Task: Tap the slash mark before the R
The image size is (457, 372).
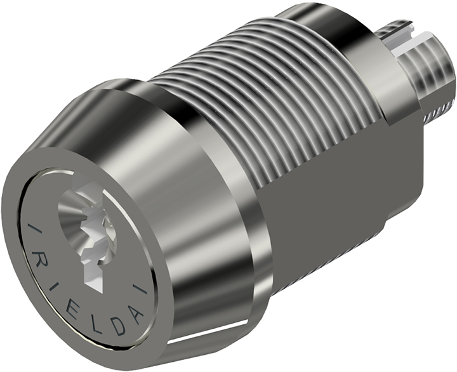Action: click(x=33, y=229)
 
